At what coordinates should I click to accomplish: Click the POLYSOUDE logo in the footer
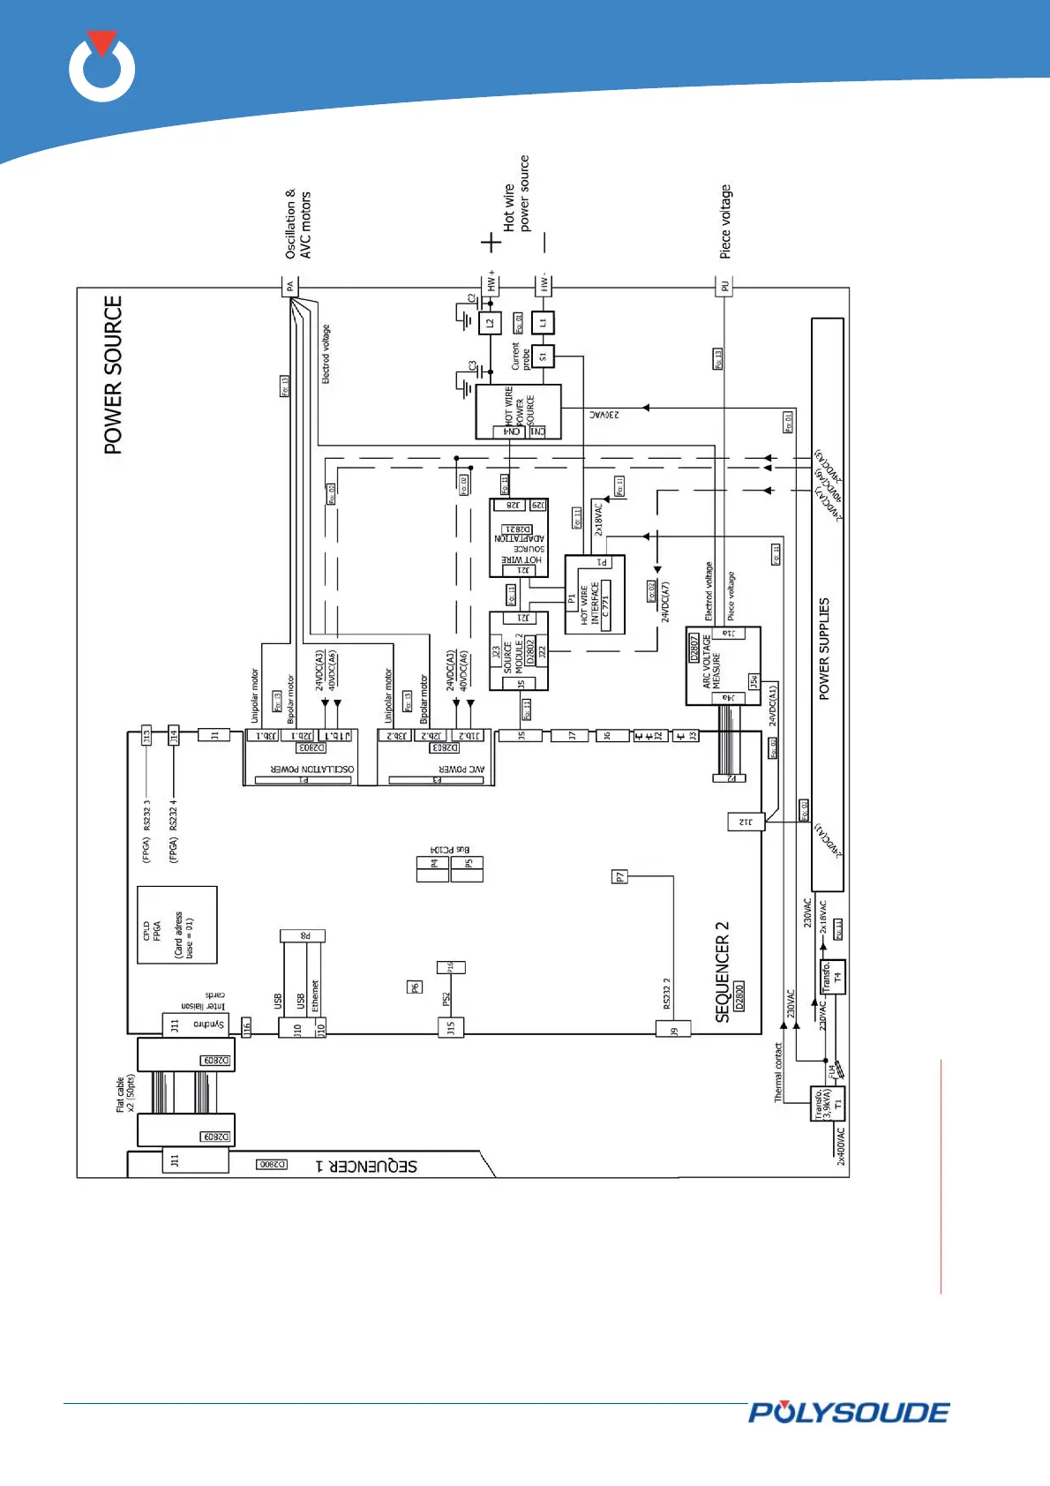click(x=848, y=1413)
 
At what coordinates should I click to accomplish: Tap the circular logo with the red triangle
click(x=102, y=67)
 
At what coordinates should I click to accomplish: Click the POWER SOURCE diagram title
click(x=113, y=375)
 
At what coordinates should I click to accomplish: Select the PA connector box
click(x=290, y=286)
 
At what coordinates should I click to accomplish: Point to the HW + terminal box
click(x=491, y=283)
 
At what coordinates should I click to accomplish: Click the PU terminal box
click(x=724, y=286)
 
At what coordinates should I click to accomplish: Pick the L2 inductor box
click(x=490, y=323)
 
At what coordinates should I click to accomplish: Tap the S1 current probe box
click(x=543, y=356)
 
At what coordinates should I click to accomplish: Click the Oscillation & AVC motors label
click(x=298, y=224)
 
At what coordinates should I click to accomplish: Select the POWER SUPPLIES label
click(x=824, y=649)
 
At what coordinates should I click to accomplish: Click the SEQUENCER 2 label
click(x=723, y=972)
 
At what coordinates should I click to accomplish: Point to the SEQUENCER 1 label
click(x=366, y=1166)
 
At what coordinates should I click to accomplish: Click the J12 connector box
click(x=746, y=822)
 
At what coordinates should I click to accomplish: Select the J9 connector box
click(x=673, y=1028)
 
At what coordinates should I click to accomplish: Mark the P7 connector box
click(x=620, y=876)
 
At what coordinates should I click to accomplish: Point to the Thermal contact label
click(x=778, y=1072)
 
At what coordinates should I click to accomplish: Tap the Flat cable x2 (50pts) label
click(x=125, y=1093)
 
